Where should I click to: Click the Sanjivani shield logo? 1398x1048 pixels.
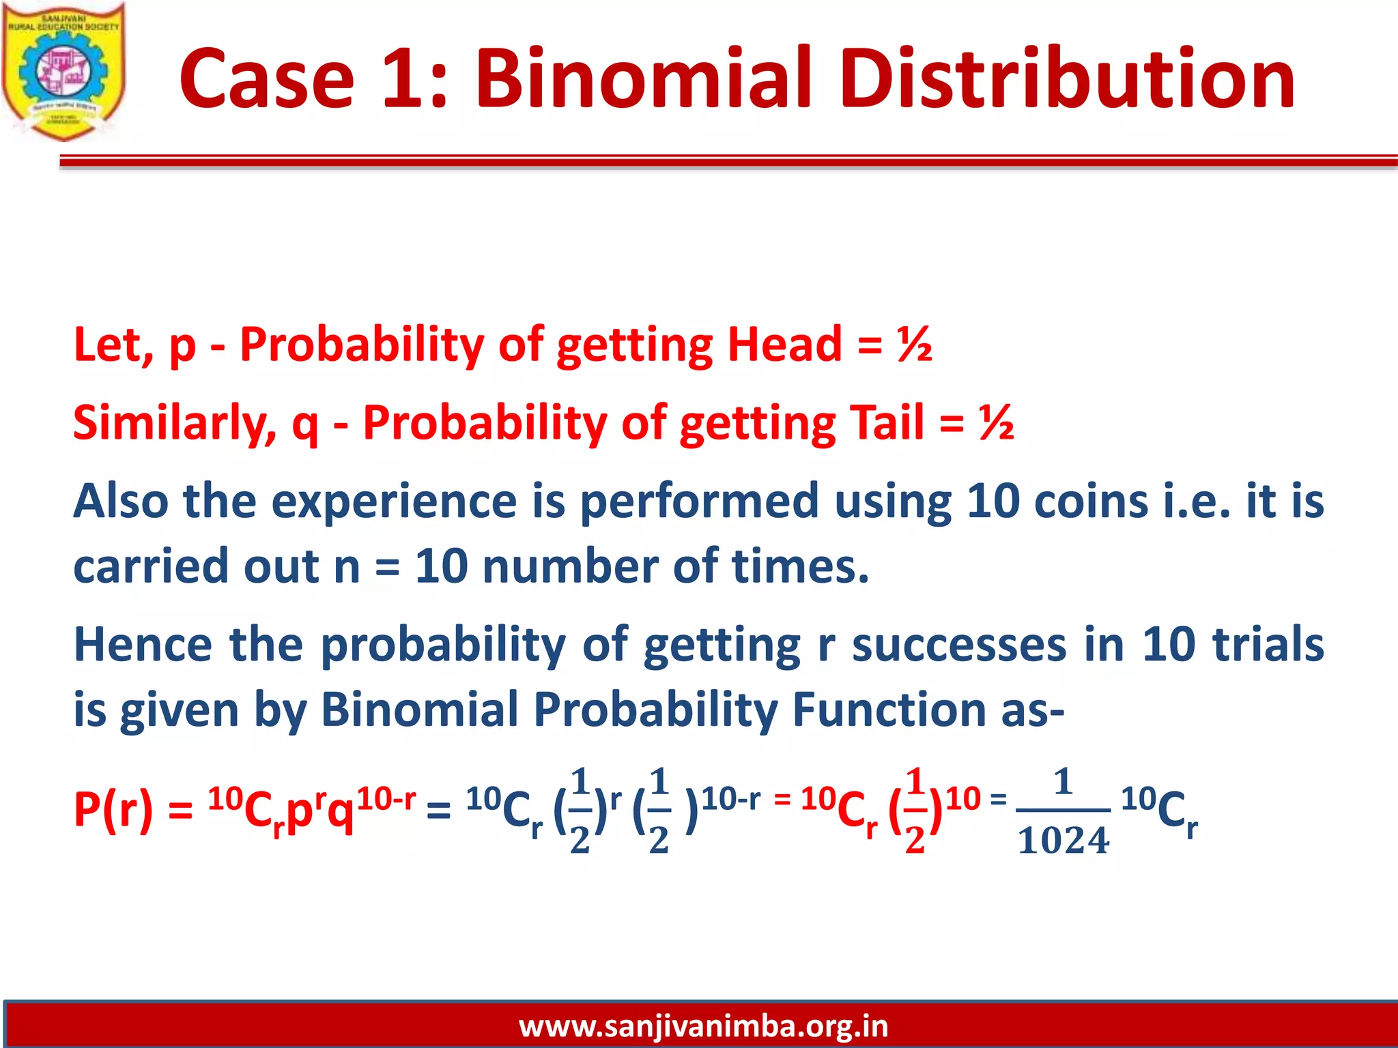[63, 72]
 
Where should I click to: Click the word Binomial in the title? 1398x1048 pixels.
[642, 78]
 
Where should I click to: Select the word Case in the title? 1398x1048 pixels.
[267, 78]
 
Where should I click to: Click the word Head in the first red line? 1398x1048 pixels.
[784, 344]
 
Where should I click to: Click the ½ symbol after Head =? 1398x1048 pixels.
[915, 344]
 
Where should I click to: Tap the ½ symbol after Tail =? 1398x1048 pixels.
[996, 422]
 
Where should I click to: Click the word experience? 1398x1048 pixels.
[395, 501]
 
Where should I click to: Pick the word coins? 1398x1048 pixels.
[1091, 501]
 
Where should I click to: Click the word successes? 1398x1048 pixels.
[958, 645]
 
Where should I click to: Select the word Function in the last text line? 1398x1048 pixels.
[888, 710]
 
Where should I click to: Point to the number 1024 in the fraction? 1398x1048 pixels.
[1063, 841]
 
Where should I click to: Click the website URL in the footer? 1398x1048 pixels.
[703, 1026]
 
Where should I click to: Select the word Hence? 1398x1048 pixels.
[143, 645]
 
